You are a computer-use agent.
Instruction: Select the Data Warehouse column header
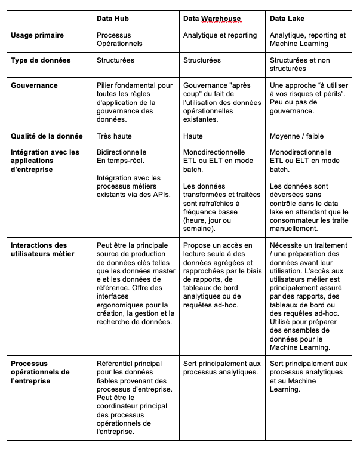click(212, 19)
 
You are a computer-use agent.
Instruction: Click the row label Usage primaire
click(38, 35)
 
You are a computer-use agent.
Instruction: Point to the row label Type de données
click(41, 60)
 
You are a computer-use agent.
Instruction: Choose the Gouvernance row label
click(35, 85)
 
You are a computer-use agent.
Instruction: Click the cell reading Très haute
click(114, 136)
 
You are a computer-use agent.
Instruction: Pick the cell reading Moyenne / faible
click(297, 136)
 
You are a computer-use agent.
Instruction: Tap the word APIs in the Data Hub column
click(160, 193)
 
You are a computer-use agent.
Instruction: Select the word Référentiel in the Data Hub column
click(116, 363)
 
